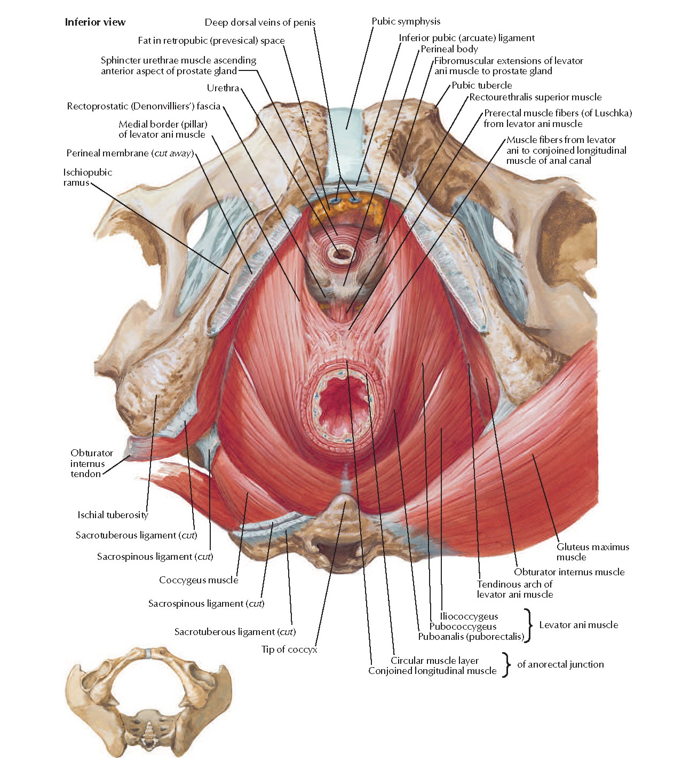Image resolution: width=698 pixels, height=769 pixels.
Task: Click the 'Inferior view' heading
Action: point(95,22)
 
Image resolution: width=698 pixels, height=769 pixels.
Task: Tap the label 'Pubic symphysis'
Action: point(406,21)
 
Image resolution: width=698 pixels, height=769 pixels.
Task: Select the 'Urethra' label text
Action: point(223,88)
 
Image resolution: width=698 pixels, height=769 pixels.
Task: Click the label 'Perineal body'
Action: point(449,49)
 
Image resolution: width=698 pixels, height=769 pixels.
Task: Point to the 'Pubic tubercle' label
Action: point(481,85)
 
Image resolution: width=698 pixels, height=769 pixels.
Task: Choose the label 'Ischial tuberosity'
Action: point(113,515)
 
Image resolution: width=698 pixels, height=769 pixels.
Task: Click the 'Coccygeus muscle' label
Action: point(199,580)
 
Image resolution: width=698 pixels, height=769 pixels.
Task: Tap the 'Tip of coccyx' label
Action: point(289,649)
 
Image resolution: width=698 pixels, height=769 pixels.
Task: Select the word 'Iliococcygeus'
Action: point(469,616)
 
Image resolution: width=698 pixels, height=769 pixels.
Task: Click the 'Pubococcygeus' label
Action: point(463,627)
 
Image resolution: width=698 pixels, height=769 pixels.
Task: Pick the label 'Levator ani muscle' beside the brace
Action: point(578,625)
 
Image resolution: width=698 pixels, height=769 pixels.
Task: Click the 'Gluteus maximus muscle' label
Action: point(592,552)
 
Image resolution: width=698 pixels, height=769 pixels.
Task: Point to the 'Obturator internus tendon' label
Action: point(91,463)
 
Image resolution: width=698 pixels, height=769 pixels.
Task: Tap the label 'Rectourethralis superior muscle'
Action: point(535,97)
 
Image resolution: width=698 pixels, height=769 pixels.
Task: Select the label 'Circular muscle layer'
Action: point(434,661)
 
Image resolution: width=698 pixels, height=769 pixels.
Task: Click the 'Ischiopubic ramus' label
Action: point(87,177)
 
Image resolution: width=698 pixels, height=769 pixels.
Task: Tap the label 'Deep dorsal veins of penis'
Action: point(260,22)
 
